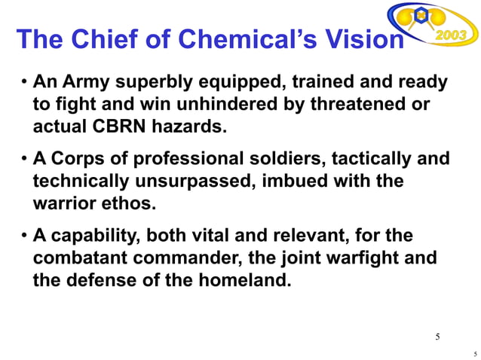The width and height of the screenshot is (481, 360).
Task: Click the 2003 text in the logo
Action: (452, 36)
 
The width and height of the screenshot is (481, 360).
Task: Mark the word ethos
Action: (136, 203)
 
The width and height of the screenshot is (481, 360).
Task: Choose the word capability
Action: (93, 236)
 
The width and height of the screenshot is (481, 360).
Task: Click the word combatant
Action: (81, 258)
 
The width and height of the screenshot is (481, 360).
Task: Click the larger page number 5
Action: (438, 335)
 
